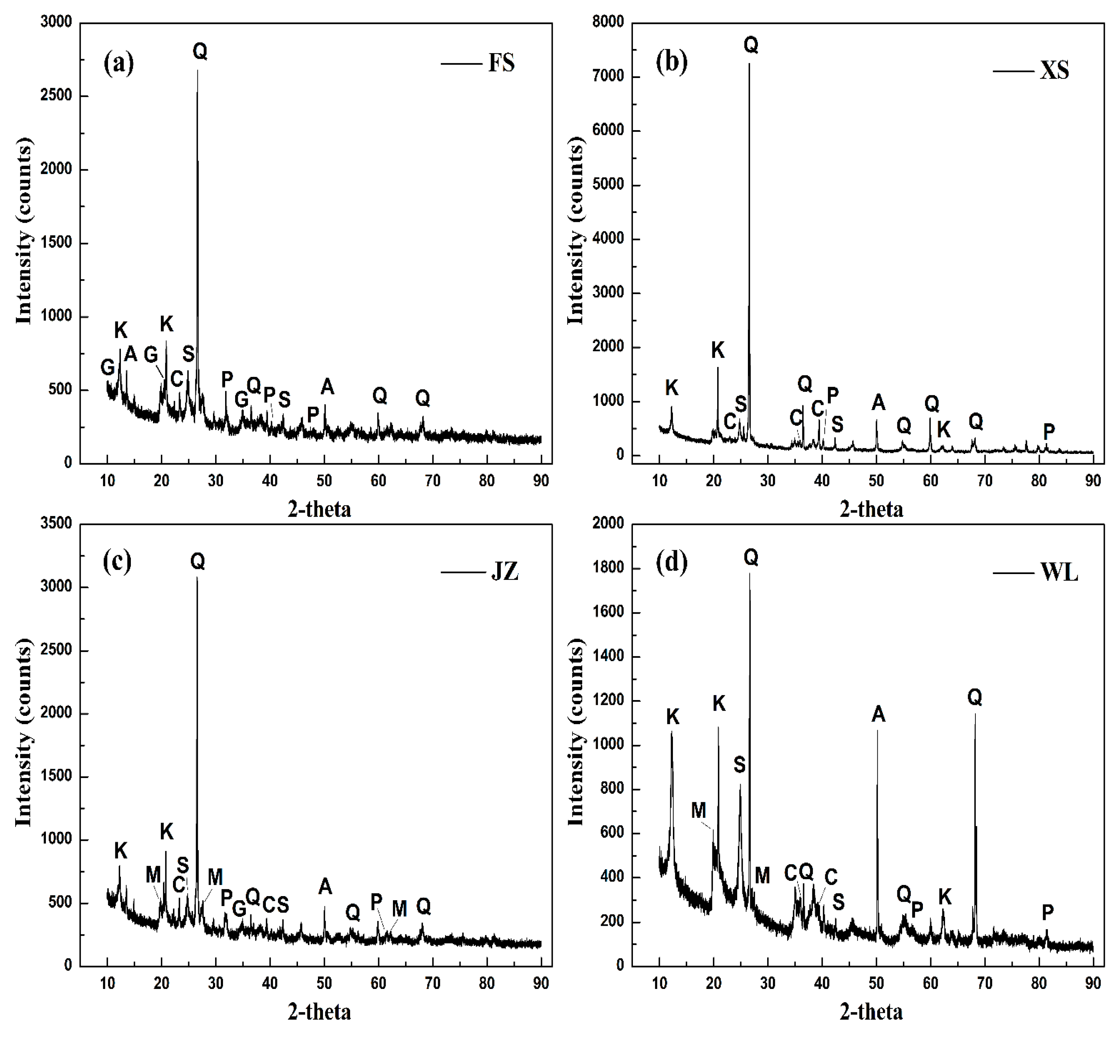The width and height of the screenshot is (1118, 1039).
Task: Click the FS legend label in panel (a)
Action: [501, 63]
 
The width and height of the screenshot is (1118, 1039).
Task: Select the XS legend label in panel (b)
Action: [1054, 71]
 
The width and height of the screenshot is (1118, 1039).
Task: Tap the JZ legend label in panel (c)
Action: [504, 572]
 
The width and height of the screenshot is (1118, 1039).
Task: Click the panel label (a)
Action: [119, 63]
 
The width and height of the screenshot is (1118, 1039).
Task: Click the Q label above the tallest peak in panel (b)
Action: [751, 45]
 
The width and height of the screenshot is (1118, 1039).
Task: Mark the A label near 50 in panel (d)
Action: [878, 715]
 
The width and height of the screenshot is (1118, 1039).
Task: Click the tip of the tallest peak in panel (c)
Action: [197, 578]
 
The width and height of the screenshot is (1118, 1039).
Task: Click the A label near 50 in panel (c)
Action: [325, 887]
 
